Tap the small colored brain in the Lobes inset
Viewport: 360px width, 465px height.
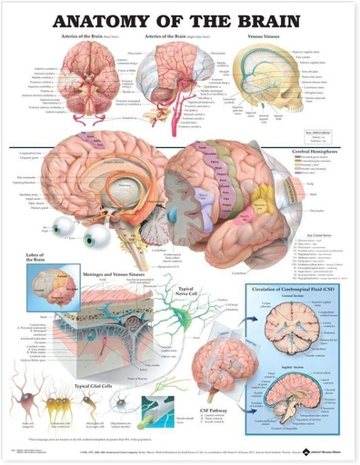coord(42,281)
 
